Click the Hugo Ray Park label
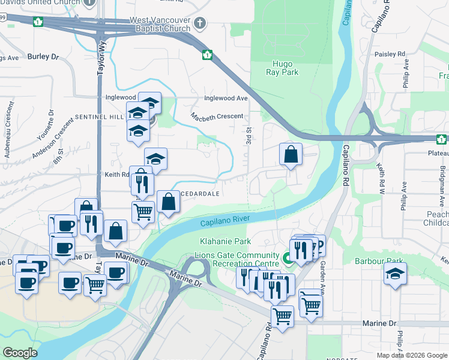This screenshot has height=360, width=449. [282, 67]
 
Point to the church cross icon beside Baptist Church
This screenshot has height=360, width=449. [200, 25]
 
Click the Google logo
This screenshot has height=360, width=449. [20, 353]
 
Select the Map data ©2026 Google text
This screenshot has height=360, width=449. [411, 355]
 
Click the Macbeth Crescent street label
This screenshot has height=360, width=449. [217, 116]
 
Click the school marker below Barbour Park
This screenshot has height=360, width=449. [395, 274]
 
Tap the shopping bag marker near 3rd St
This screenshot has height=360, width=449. [291, 154]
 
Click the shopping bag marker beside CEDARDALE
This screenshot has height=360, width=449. [168, 202]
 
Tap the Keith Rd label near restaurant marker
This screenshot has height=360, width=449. [117, 175]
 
